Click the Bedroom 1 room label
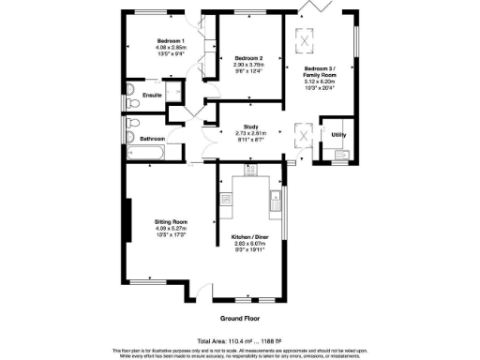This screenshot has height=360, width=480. click(x=170, y=40)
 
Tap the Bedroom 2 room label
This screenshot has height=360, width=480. click(x=247, y=58)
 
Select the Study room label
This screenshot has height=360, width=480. click(x=250, y=127)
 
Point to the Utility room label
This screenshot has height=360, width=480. click(x=338, y=135)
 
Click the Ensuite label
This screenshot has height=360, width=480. click(x=152, y=97)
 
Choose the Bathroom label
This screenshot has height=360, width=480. click(x=152, y=139)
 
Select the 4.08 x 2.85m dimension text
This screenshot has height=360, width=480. click(x=170, y=47)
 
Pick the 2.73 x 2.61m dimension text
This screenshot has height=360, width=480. click(x=250, y=133)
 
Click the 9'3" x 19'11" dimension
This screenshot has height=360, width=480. click(x=247, y=249)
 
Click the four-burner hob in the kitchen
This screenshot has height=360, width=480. click(x=250, y=169)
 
